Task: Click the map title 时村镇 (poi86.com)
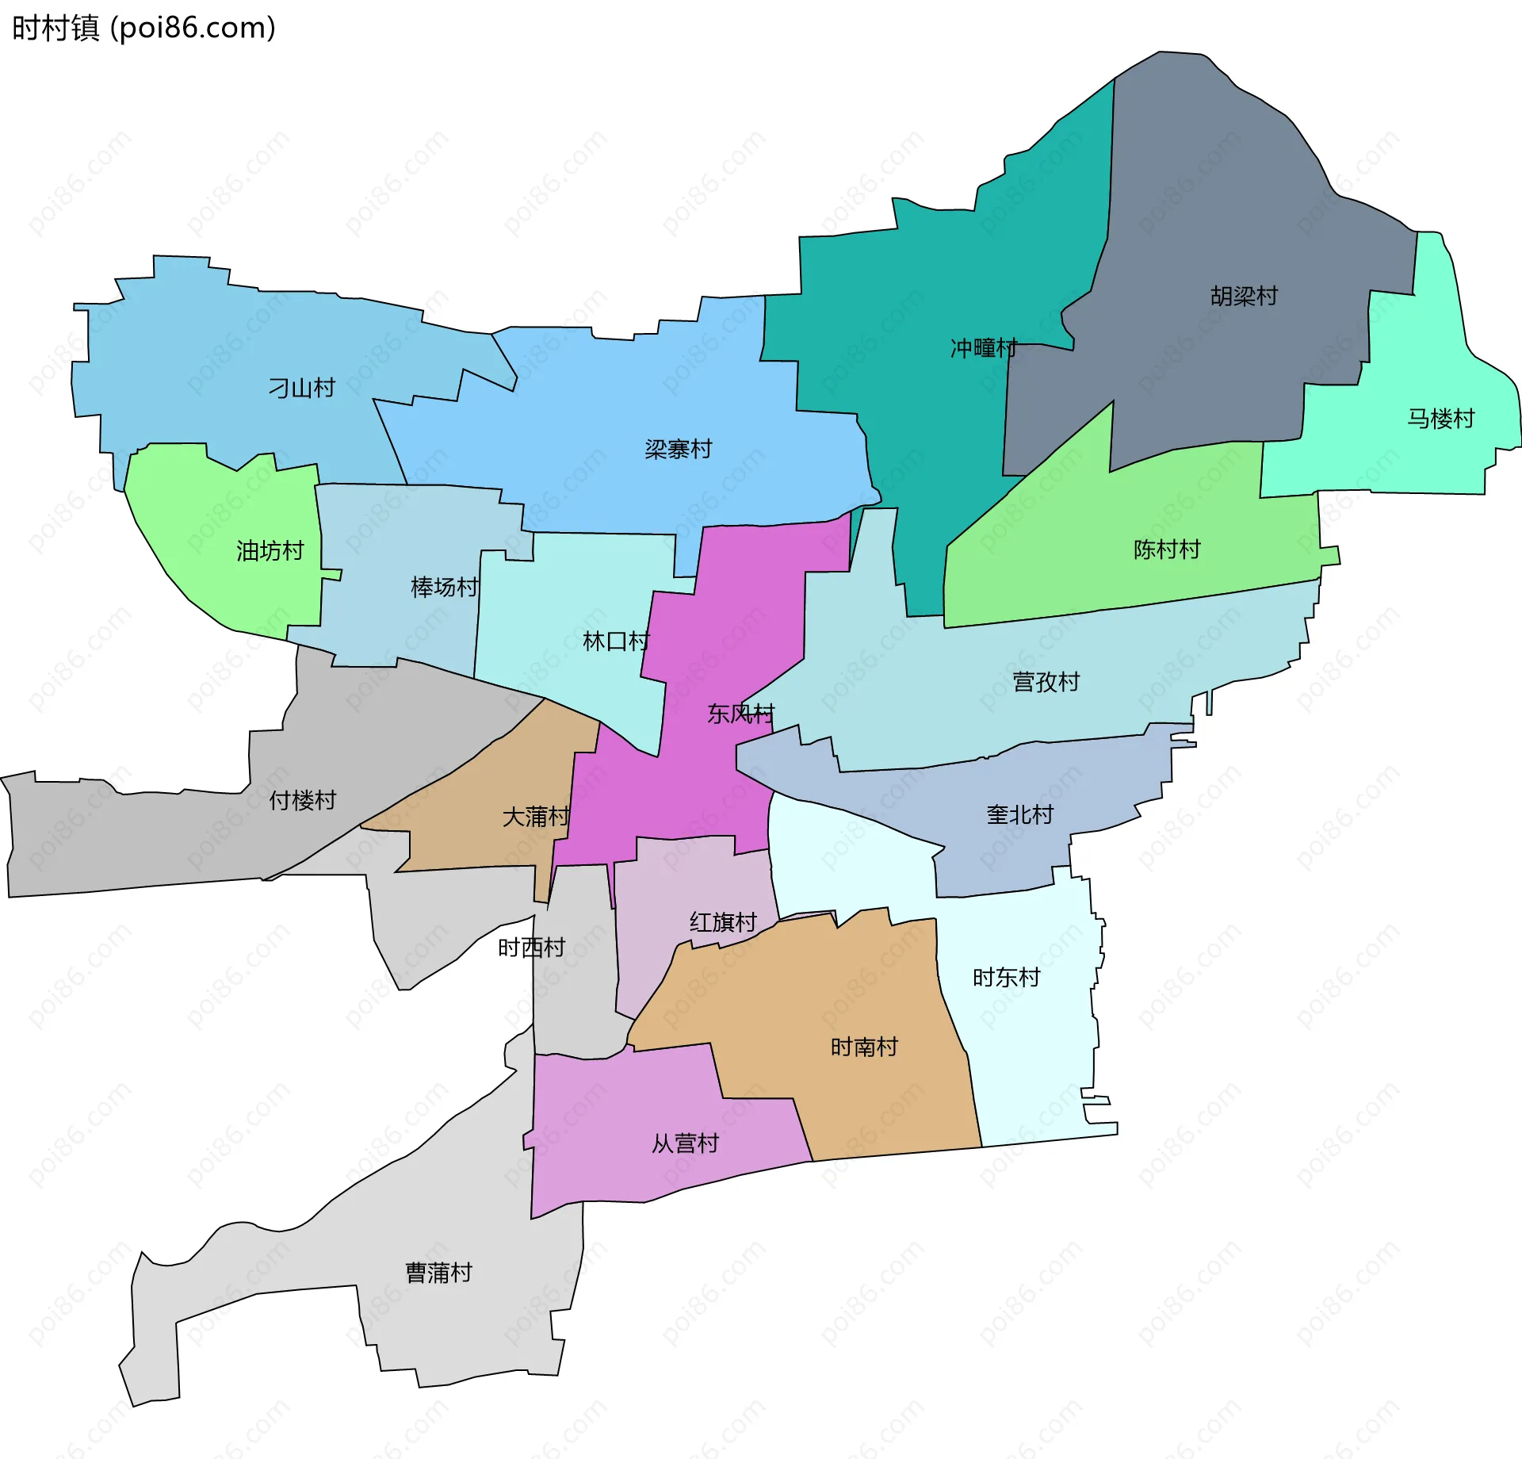[143, 29]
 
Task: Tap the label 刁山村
[301, 388]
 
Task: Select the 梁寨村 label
[678, 450]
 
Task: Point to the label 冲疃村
[984, 348]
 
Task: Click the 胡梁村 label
[1244, 297]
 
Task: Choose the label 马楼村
[1440, 419]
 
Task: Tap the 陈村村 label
[1167, 550]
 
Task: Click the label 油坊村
[270, 551]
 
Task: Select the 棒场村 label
[444, 588]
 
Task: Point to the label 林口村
[616, 641]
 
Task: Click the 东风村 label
[740, 714]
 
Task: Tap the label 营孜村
[1046, 682]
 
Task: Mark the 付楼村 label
[302, 801]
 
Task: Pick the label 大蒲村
[536, 817]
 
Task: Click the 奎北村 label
[1019, 815]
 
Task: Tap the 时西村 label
[531, 948]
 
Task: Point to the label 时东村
[1006, 978]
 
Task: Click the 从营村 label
[685, 1143]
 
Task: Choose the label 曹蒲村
[438, 1273]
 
